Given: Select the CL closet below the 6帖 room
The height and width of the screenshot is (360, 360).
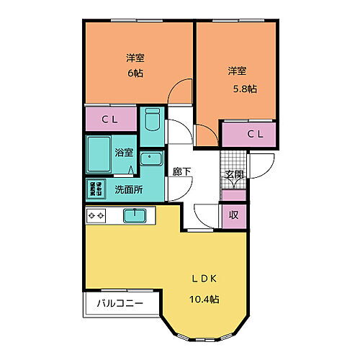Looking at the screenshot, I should tap(110, 118).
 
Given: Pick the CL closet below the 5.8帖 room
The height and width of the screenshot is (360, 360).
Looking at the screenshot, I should tap(248, 134).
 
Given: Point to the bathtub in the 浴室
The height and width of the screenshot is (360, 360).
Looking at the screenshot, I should tap(99, 152).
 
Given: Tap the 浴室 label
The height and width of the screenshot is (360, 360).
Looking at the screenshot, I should tap(125, 152).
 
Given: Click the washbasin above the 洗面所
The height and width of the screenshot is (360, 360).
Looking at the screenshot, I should tap(151, 159).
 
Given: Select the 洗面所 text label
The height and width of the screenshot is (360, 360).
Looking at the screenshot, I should tap(129, 189).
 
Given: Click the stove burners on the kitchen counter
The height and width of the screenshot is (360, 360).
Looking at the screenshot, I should tap(97, 215).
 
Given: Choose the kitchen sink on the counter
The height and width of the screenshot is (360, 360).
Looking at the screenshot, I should tap(135, 215).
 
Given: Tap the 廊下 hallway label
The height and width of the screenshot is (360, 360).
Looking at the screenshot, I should tap(181, 171).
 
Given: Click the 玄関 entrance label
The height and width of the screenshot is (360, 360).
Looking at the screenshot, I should tap(233, 175).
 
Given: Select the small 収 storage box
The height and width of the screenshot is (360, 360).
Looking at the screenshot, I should tap(234, 215).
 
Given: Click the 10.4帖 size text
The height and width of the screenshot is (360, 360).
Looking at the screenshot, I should tap(204, 299).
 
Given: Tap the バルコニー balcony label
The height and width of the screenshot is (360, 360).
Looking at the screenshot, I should tap(120, 303).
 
